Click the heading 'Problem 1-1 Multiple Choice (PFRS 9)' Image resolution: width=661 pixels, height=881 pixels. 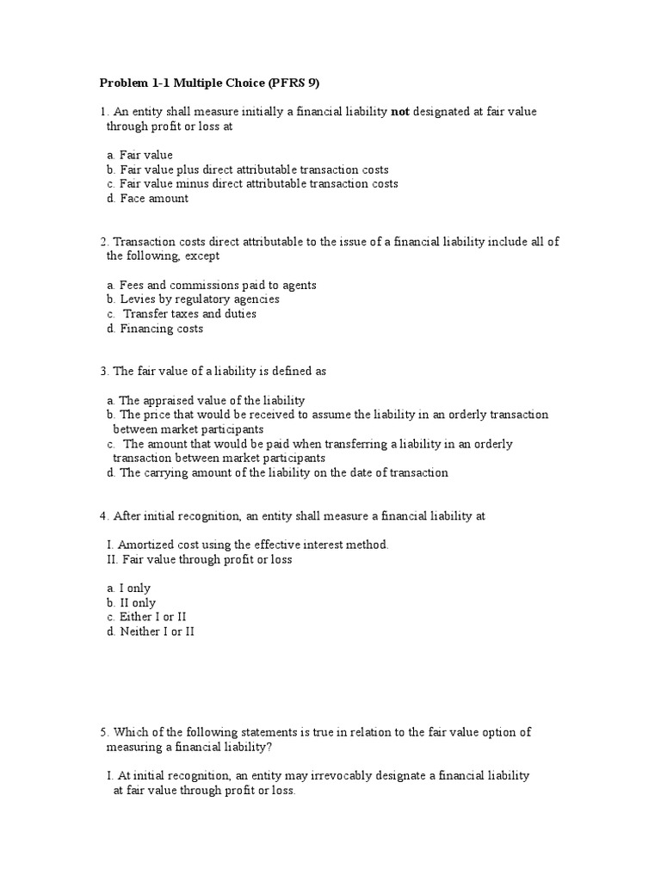215,83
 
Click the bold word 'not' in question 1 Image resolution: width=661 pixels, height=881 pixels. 399,112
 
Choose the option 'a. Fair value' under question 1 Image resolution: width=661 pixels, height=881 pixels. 140,155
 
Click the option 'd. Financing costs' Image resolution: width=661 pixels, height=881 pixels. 156,328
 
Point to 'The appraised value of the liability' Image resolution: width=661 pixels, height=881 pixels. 212,400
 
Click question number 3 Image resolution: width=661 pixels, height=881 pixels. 103,371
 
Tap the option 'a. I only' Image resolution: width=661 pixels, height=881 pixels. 129,588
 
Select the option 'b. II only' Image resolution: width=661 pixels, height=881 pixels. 132,603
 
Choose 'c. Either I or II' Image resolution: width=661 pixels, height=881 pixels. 147,617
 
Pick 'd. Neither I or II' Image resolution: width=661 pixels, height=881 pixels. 151,631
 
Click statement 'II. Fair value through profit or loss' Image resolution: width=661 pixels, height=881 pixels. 200,559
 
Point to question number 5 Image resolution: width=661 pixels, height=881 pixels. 103,732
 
